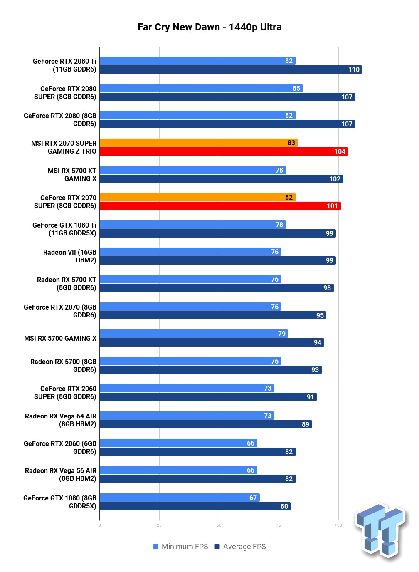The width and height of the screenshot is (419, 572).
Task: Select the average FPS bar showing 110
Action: (x=231, y=69)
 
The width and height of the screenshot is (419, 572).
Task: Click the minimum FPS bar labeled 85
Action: (x=201, y=88)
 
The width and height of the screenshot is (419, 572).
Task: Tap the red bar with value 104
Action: (x=224, y=151)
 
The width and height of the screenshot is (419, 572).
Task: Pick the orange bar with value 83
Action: (x=199, y=143)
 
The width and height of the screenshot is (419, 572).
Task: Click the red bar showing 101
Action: (x=220, y=206)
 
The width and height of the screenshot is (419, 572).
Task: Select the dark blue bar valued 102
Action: (x=221, y=179)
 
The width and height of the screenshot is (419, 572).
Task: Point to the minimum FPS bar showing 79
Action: (x=194, y=334)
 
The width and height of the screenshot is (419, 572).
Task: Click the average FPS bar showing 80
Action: (x=195, y=506)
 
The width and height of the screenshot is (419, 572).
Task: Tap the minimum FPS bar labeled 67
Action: (x=180, y=498)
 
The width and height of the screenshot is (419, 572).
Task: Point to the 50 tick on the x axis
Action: (x=219, y=525)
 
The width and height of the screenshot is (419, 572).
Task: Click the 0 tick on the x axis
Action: (x=99, y=525)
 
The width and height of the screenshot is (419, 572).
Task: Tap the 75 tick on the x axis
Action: (x=279, y=525)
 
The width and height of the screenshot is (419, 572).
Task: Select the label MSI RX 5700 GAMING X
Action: (x=60, y=338)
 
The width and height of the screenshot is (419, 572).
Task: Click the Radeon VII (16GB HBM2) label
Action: (x=70, y=256)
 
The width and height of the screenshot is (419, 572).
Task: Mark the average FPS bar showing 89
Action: (x=206, y=424)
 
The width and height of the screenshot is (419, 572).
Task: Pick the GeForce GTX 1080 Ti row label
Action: (x=64, y=229)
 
